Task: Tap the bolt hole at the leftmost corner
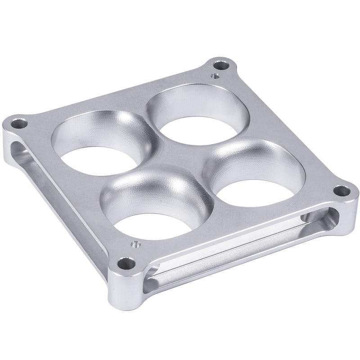pyautogui.click(x=18, y=122)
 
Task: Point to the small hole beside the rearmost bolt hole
pyautogui.click(x=215, y=77)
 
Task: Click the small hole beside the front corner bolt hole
pyautogui.click(x=134, y=245)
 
